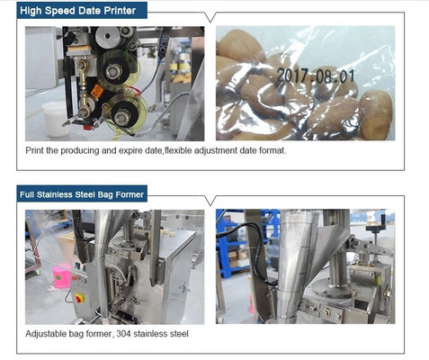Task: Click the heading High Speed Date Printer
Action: pos(78,11)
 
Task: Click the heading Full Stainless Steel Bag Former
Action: pos(82,194)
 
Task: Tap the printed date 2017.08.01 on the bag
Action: pos(316,76)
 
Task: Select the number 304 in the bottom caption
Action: pos(123,334)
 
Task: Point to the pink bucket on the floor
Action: pos(62,275)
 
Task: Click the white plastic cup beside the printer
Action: pos(54,119)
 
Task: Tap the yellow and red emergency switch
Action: pos(79,298)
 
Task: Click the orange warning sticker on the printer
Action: pos(97,91)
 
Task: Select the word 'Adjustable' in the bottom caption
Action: pos(46,334)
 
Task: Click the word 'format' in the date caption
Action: pos(273,150)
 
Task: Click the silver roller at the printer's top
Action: pos(106,38)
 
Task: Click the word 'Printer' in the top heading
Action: pos(120,11)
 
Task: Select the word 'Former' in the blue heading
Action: pos(130,194)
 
